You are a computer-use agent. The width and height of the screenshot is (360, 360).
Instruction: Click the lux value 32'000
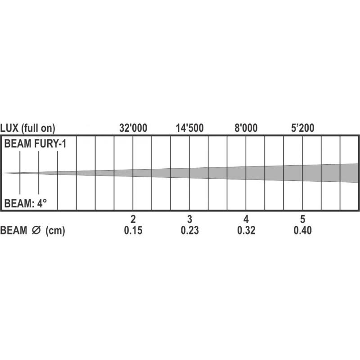(x=133, y=128)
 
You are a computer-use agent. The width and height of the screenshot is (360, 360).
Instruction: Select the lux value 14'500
(x=189, y=128)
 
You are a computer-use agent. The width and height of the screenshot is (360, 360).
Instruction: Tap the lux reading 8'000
(x=246, y=128)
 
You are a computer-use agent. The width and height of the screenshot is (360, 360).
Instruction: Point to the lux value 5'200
(x=302, y=128)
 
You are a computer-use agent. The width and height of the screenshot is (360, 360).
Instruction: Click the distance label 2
(x=133, y=219)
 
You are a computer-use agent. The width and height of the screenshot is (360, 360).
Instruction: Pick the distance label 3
(x=189, y=219)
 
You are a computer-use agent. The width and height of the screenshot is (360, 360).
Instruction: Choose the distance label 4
(x=246, y=219)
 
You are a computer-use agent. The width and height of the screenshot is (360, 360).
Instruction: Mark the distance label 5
(x=302, y=219)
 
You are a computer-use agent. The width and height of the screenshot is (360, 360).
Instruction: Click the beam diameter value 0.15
(x=133, y=230)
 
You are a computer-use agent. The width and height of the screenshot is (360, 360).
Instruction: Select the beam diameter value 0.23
(x=189, y=230)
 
